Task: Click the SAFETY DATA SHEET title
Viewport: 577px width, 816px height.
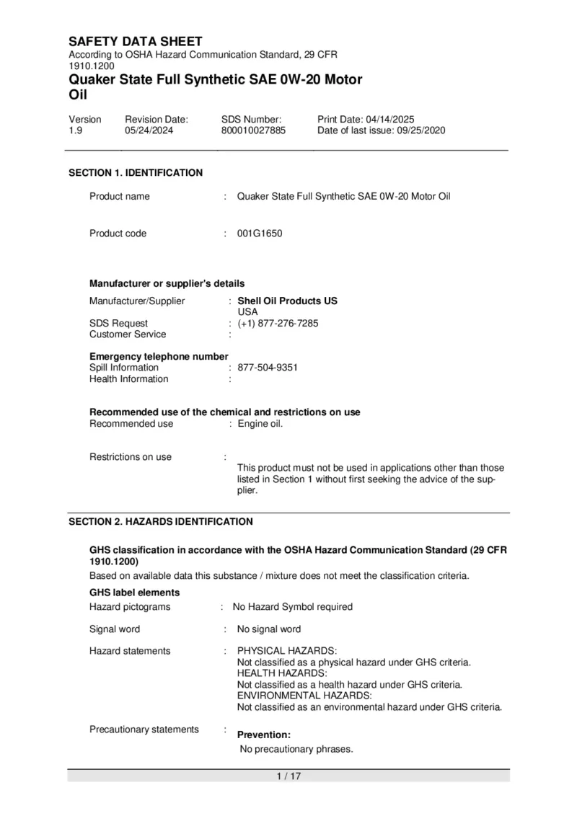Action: (x=135, y=42)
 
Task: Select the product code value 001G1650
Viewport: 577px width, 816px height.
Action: (x=260, y=234)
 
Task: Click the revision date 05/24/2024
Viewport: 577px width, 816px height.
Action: (x=149, y=130)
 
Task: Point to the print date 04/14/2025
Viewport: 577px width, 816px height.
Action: (x=389, y=119)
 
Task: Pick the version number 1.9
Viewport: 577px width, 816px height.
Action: (x=76, y=130)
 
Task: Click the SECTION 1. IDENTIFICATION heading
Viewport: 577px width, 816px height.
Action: (x=136, y=173)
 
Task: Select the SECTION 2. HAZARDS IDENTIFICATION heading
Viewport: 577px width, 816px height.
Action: (x=160, y=522)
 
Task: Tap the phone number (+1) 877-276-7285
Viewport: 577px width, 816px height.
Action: (x=278, y=324)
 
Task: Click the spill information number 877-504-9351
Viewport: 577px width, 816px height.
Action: (x=268, y=368)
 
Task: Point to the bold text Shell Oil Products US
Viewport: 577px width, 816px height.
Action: (x=287, y=301)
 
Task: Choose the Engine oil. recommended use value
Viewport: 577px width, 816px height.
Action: (x=260, y=424)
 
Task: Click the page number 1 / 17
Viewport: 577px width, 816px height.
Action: (x=288, y=776)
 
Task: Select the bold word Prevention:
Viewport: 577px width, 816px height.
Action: (x=264, y=735)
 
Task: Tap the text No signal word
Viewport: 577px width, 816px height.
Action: (x=269, y=629)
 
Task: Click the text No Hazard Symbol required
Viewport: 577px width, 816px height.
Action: (x=292, y=607)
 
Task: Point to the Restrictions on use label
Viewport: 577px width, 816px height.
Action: (x=131, y=457)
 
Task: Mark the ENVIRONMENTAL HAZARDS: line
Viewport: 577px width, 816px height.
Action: (x=304, y=696)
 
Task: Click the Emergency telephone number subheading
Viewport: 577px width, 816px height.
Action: (x=159, y=357)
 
